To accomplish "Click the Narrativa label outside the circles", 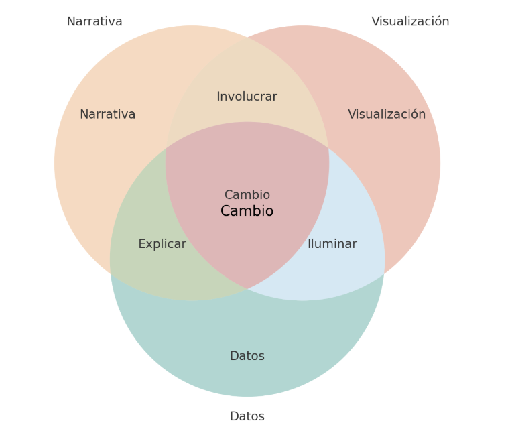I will tap(94, 22).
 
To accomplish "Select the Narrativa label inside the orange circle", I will tap(107, 115).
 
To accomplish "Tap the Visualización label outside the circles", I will tap(410, 22).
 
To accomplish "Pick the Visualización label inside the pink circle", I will tap(387, 115).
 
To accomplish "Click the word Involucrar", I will tap(247, 97).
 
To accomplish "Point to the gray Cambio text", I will tap(247, 195).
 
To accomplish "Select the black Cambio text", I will tap(247, 212).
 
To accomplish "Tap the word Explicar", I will tap(162, 245).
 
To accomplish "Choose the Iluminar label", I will tap(332, 245).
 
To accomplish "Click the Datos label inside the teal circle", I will tap(247, 357).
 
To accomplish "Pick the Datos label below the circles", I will tap(247, 417).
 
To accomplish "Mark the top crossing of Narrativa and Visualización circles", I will tap(247, 38).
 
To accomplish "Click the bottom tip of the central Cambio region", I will tap(247, 289).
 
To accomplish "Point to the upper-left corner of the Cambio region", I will tap(166, 148).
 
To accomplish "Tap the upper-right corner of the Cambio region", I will tap(328, 148).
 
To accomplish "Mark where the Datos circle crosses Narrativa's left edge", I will tap(111, 274).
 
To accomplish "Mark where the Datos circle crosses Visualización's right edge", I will tap(384, 274).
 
